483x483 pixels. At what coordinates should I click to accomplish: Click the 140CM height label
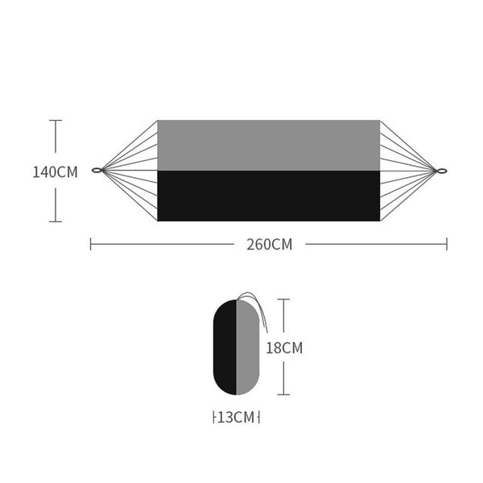pyautogui.click(x=55, y=172)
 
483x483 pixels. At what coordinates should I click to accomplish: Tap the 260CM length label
pyautogui.click(x=269, y=245)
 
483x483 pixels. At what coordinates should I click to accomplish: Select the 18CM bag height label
pyautogui.click(x=284, y=348)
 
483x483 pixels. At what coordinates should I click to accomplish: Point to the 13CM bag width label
pyautogui.click(x=236, y=417)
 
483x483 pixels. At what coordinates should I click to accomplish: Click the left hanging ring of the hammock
pyautogui.click(x=97, y=170)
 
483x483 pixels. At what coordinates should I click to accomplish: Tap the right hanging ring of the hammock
pyautogui.click(x=442, y=171)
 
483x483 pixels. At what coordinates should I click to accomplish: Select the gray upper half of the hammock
pyautogui.click(x=269, y=146)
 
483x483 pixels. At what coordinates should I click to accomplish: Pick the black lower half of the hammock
pyautogui.click(x=269, y=196)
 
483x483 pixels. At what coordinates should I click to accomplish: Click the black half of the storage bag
pyautogui.click(x=225, y=347)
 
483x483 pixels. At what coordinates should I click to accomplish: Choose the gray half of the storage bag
pyautogui.click(x=248, y=347)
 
